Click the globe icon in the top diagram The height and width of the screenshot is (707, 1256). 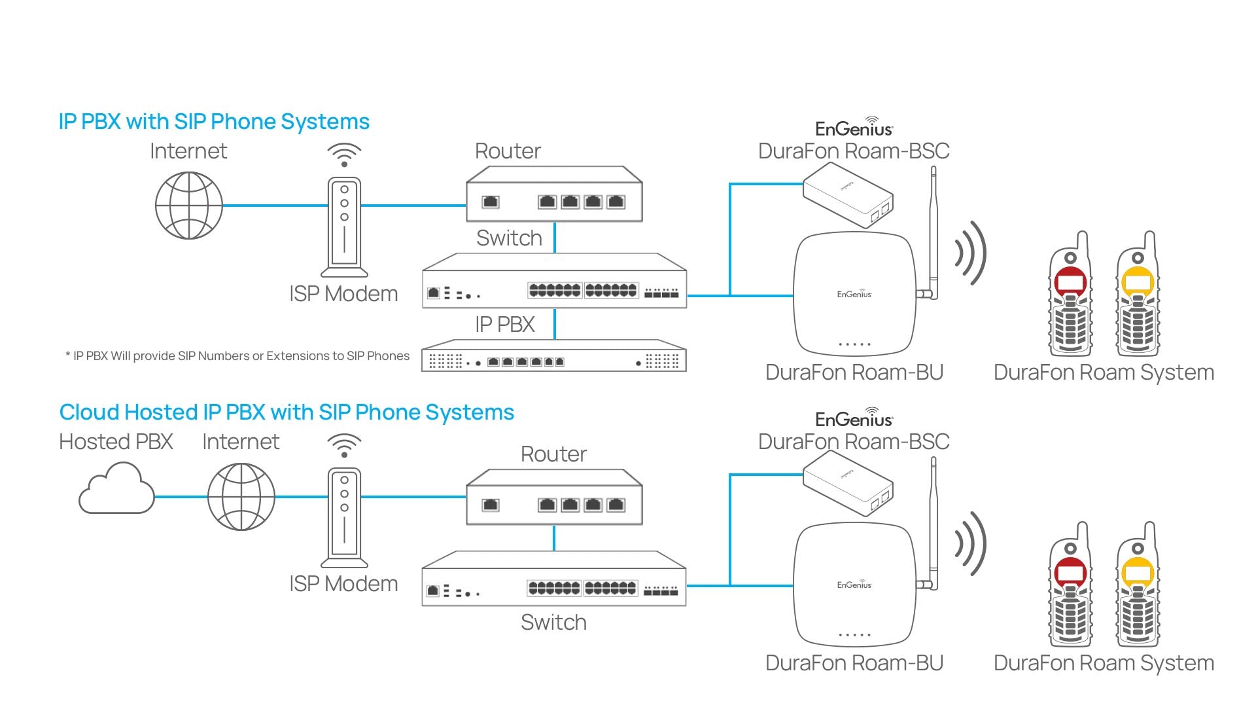[189, 206]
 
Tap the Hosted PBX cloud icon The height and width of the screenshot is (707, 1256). [116, 489]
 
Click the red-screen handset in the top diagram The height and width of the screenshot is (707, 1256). [1070, 295]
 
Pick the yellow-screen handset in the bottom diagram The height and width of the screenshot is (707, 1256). [1138, 585]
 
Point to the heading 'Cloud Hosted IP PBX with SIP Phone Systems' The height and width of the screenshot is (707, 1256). [287, 412]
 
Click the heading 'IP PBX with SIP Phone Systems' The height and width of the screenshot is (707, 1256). [214, 122]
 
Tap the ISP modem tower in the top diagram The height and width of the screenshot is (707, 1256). [344, 227]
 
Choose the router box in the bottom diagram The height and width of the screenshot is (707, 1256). [554, 498]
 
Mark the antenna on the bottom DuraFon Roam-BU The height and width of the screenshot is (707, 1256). [933, 524]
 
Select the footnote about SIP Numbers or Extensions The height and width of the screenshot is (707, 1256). [237, 356]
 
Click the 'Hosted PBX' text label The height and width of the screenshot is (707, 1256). [116, 442]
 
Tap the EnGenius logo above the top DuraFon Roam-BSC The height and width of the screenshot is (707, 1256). [854, 127]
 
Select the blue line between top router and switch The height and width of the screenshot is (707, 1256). [555, 238]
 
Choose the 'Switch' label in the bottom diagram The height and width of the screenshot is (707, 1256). [553, 622]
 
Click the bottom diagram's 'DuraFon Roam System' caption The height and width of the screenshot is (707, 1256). [1104, 663]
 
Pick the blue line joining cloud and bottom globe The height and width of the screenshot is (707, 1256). [181, 497]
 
